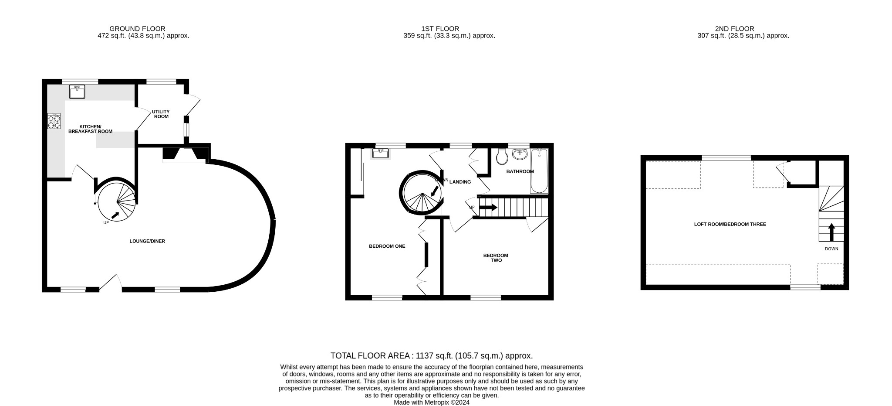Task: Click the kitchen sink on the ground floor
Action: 77,92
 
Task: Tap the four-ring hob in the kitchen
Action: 54,121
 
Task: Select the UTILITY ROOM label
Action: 161,114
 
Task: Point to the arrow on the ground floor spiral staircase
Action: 116,215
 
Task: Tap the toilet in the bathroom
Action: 502,157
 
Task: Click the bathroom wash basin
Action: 520,154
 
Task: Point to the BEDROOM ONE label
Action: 387,246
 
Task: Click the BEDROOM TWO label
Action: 496,258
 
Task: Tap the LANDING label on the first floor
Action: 460,182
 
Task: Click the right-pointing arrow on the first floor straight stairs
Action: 488,208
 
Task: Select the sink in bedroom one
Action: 381,153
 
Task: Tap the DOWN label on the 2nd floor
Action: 831,249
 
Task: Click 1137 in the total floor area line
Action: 426,355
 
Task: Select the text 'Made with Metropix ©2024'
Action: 432,403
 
